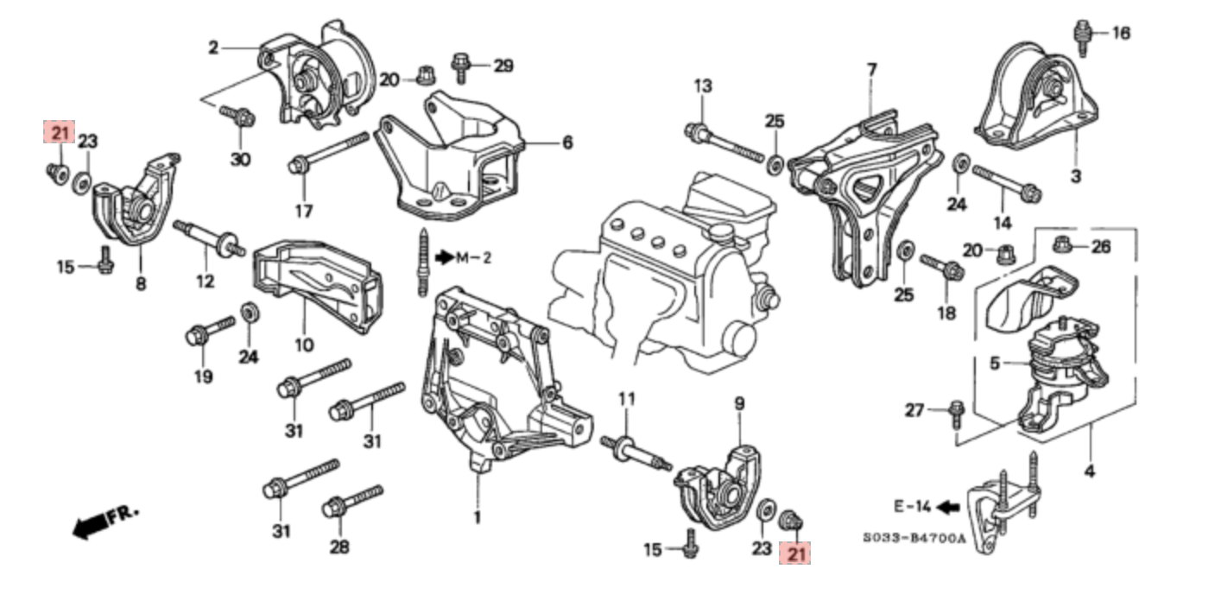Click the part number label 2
[212, 47]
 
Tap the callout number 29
[503, 65]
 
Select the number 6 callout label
[567, 142]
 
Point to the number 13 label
[702, 85]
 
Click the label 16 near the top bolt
[1120, 34]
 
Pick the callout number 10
[303, 345]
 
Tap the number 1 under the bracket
[477, 518]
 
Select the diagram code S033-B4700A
[914, 538]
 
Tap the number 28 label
[338, 547]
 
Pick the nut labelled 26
[1064, 245]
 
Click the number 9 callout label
[739, 403]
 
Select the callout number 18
[946, 312]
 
